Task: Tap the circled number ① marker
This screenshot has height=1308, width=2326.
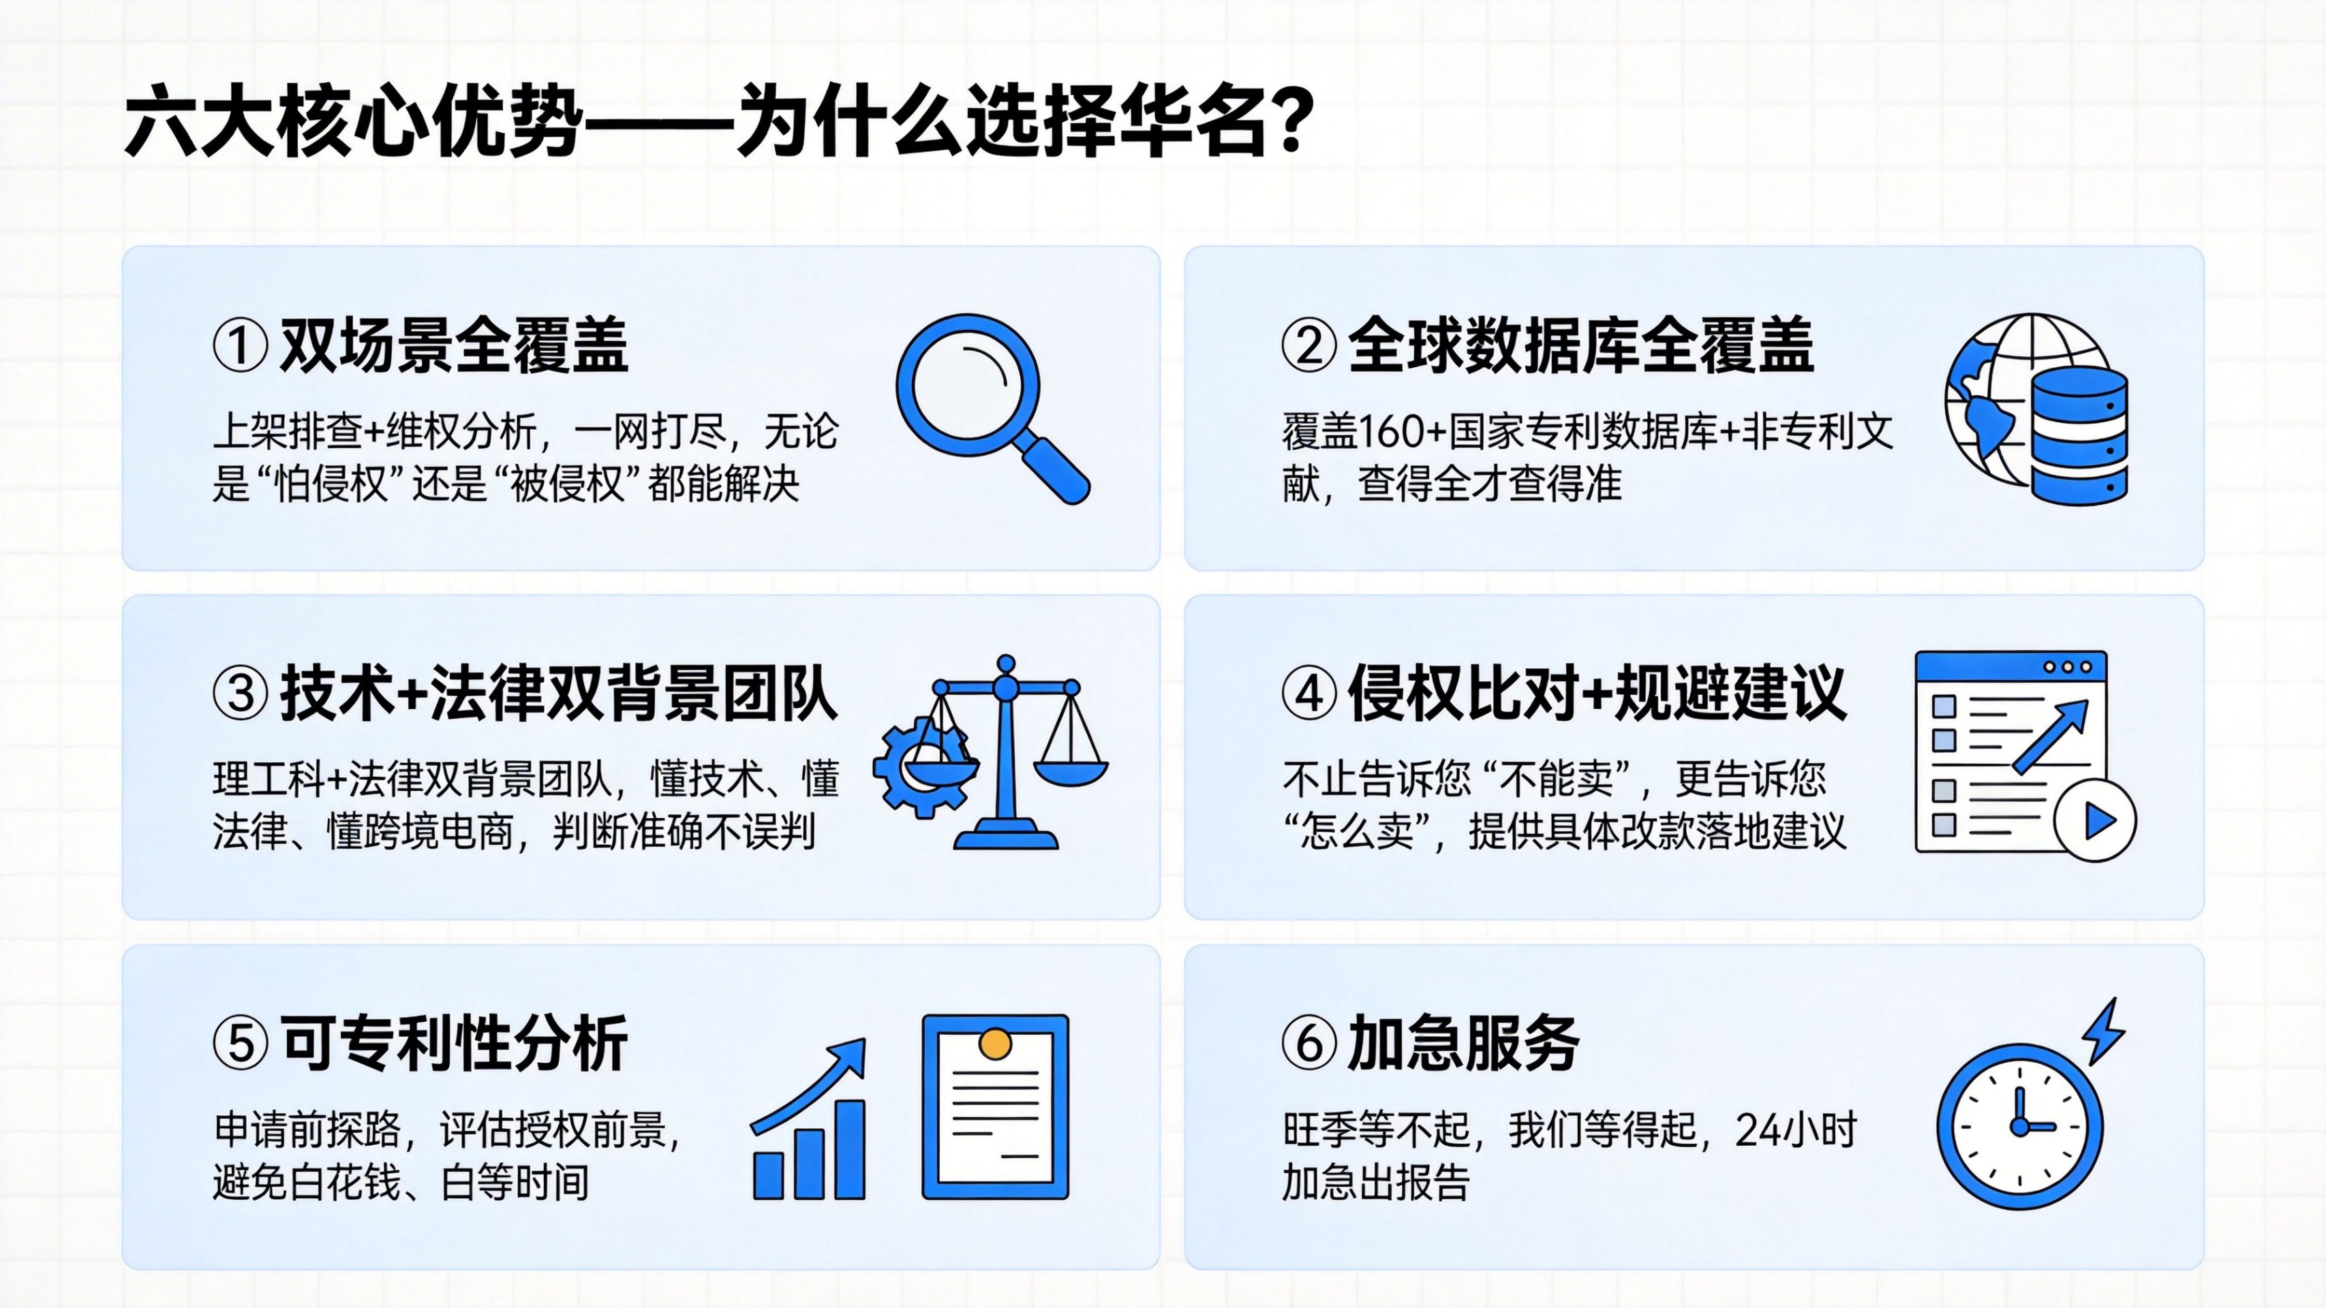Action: coord(240,345)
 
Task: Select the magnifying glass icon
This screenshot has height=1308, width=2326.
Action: coord(992,408)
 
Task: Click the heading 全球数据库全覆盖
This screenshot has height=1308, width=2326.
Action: coord(1580,345)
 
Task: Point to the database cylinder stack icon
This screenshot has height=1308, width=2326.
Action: coord(2079,435)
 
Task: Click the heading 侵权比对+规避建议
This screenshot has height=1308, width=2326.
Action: coord(1596,694)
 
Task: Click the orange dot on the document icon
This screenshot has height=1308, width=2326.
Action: coord(995,1044)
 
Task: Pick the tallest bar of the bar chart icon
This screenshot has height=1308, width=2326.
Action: coord(850,1149)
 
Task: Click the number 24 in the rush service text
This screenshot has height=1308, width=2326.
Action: coord(1756,1130)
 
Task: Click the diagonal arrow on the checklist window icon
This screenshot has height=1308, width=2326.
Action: coord(2051,736)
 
